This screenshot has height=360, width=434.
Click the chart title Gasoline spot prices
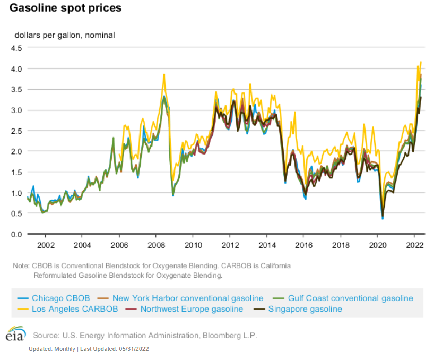pos(66,8)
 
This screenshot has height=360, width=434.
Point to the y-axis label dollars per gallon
pos(64,35)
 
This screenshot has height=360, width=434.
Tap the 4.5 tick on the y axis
pos(16,48)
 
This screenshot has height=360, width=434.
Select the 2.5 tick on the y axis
pos(16,131)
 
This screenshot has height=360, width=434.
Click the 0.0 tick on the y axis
pos(16,234)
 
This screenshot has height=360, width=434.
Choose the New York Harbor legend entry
pos(188,298)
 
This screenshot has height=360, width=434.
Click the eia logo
pos(15,336)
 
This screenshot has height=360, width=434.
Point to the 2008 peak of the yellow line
pos(164,74)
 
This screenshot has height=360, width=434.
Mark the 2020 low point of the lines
pos(383,218)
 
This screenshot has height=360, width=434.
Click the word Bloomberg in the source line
pos(223,336)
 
